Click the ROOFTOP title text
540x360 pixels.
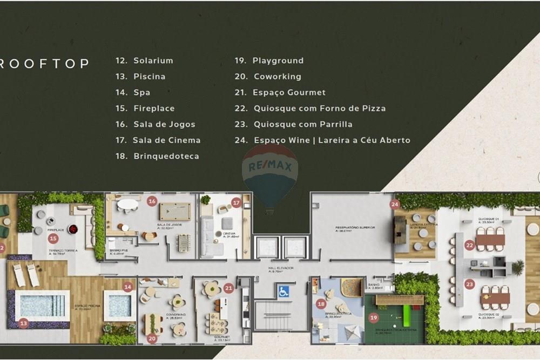click(x=44, y=64)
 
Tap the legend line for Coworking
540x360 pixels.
click(x=268, y=77)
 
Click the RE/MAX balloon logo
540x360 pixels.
click(x=270, y=173)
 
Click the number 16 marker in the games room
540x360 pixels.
click(x=152, y=201)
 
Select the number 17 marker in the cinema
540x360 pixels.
click(x=236, y=203)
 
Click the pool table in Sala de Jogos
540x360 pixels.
click(x=175, y=211)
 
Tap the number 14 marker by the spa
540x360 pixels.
click(x=128, y=288)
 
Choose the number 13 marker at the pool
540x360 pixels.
click(x=23, y=323)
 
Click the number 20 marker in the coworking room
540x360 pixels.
click(x=152, y=338)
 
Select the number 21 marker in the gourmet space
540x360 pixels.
click(x=228, y=288)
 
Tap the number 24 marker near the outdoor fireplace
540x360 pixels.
click(x=395, y=204)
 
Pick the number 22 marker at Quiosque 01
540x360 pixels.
click(x=470, y=246)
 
